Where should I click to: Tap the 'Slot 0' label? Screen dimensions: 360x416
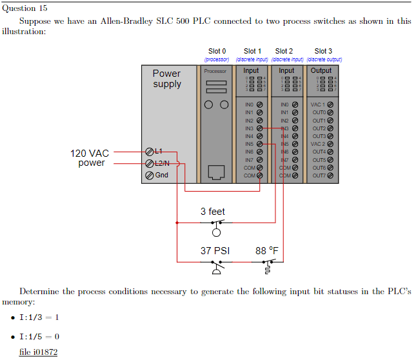coord(217,51)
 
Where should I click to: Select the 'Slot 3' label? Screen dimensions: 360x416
coord(323,51)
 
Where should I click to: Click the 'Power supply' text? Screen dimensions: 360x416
coord(166,79)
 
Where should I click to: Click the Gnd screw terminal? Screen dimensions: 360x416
coord(150,175)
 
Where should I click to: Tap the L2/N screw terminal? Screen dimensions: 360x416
coord(150,163)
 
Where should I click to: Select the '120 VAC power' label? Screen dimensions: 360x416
coord(90,158)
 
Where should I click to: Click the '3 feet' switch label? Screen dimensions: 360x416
coord(213,212)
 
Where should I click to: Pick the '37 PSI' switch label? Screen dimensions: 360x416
coord(215,251)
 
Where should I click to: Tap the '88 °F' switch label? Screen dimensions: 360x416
coord(267,251)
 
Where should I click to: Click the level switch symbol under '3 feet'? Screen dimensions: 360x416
coord(217,226)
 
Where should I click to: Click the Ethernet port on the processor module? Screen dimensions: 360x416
coord(217,172)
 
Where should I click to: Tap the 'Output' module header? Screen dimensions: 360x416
coord(321,71)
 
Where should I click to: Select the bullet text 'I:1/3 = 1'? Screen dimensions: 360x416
coord(39,317)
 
